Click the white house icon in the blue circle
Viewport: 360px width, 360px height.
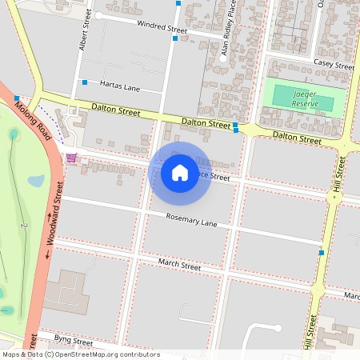(180, 172)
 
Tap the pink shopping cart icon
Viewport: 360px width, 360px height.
(72, 157)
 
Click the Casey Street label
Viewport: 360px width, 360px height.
(334, 63)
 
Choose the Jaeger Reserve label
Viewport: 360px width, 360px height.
(305, 98)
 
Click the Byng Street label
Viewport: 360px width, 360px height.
(70, 342)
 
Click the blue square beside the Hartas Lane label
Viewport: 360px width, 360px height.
(84, 82)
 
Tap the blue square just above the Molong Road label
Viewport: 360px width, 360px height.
(17, 98)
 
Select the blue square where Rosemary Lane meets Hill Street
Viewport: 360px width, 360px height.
(322, 253)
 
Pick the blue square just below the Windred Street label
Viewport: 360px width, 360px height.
(174, 38)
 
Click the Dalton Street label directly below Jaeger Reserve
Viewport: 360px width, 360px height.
(297, 138)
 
